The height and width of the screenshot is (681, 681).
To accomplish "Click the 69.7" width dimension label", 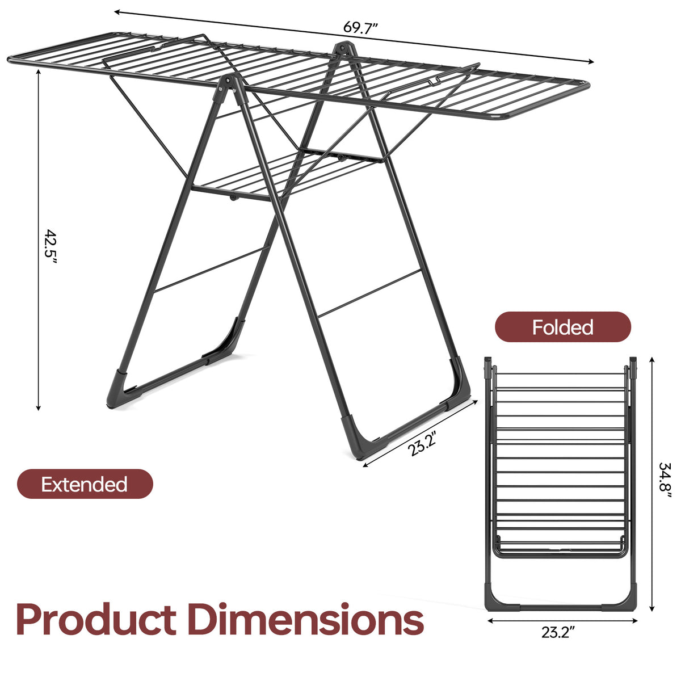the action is point(361,27).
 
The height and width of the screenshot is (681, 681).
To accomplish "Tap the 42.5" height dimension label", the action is point(51,247).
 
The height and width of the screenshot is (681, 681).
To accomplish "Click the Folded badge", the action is point(562,327).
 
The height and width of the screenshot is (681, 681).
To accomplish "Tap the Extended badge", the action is point(85,484).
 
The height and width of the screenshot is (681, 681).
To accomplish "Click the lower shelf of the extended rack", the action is point(286,173).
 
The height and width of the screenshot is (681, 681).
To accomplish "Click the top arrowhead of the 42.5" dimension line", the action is point(39,72).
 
